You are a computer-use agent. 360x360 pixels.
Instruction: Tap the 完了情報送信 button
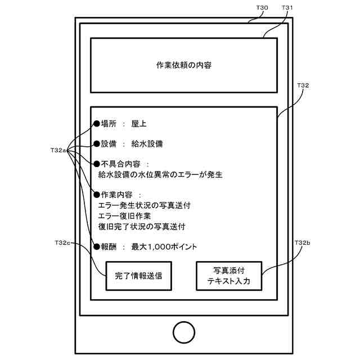pyautogui.click(x=138, y=276)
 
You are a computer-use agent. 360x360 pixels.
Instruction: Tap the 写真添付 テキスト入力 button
pyautogui.click(x=229, y=276)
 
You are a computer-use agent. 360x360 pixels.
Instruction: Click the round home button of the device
pyautogui.click(x=184, y=332)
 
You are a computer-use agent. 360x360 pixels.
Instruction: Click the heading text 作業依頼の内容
pyautogui.click(x=184, y=65)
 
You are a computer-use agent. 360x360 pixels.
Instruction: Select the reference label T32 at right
pyautogui.click(x=302, y=85)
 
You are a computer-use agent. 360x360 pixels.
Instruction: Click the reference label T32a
pyautogui.click(x=58, y=150)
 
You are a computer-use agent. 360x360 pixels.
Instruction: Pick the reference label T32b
pyautogui.click(x=302, y=243)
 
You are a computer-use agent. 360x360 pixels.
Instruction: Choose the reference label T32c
pyautogui.click(x=62, y=243)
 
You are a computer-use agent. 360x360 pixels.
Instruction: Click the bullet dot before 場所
pyautogui.click(x=96, y=124)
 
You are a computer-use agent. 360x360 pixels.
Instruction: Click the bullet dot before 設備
pyautogui.click(x=96, y=144)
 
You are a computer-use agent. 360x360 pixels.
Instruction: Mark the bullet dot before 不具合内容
pyautogui.click(x=96, y=164)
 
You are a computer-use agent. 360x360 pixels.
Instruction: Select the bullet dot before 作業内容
pyautogui.click(x=96, y=195)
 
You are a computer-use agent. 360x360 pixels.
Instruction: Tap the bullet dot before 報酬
pyautogui.click(x=96, y=246)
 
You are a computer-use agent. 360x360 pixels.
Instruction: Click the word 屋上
pyautogui.click(x=138, y=124)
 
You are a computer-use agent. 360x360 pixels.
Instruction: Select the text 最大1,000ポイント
pyautogui.click(x=164, y=246)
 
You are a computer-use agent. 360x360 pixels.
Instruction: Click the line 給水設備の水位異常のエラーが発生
pyautogui.click(x=160, y=175)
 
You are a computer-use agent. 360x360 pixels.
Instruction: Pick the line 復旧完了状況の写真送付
pyautogui.click(x=141, y=227)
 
